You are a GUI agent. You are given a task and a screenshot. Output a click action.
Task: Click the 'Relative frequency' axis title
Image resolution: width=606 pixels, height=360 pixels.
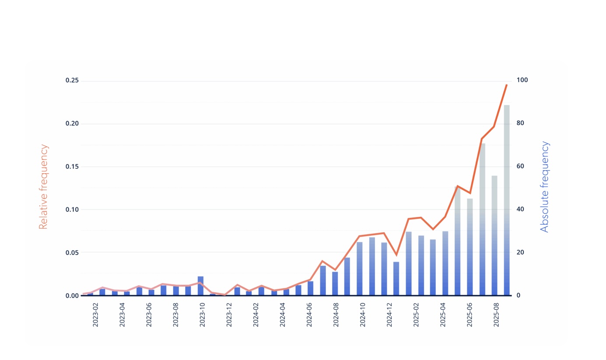pos(43,187)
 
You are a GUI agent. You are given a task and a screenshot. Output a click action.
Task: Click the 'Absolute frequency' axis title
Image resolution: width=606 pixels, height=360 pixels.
pos(544,187)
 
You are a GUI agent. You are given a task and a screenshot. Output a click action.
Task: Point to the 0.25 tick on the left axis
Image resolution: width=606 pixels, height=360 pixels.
pos(72,80)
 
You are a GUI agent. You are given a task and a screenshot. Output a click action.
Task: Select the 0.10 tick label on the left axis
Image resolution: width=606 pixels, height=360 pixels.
pos(72,210)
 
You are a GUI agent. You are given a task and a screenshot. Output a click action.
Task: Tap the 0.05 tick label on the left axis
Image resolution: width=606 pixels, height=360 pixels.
pos(72,252)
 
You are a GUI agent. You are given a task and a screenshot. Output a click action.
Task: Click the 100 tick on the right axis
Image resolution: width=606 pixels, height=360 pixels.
pos(522,80)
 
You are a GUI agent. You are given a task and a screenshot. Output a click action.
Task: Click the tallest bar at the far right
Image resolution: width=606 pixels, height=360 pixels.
pos(506,201)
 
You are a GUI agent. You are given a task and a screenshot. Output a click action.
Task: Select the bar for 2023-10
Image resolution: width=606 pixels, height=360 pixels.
pos(200,286)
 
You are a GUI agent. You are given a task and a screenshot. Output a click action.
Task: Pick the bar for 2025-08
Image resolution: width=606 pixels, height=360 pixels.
pos(494,236)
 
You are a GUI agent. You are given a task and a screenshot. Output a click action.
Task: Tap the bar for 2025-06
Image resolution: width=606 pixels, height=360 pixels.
pos(469,247)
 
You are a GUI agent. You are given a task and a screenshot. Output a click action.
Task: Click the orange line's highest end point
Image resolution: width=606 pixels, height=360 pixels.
pos(506,85)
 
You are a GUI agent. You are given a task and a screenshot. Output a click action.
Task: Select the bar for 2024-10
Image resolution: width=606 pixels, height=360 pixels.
pos(359,269)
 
